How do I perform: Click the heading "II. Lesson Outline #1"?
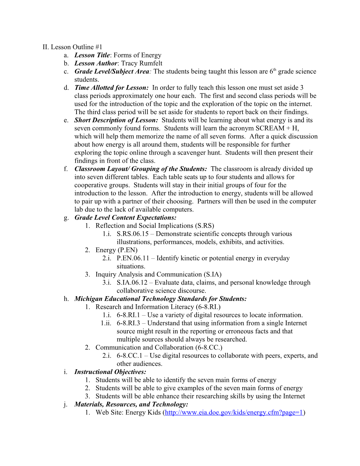coord(72,47)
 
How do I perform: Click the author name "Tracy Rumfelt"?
coord(142,63)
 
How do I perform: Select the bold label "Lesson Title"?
coord(92,55)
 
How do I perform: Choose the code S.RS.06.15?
coord(133,234)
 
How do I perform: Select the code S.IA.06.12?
coord(132,282)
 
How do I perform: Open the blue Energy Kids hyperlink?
coord(234,412)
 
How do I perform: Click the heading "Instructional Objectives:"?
coord(110,372)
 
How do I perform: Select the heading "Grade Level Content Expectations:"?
coord(125,217)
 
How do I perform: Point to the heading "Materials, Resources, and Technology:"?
coord(131,404)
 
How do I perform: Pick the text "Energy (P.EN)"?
coord(116,250)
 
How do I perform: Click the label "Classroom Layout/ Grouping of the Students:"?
coord(140,169)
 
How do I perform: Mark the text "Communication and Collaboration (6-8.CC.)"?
coord(159,347)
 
